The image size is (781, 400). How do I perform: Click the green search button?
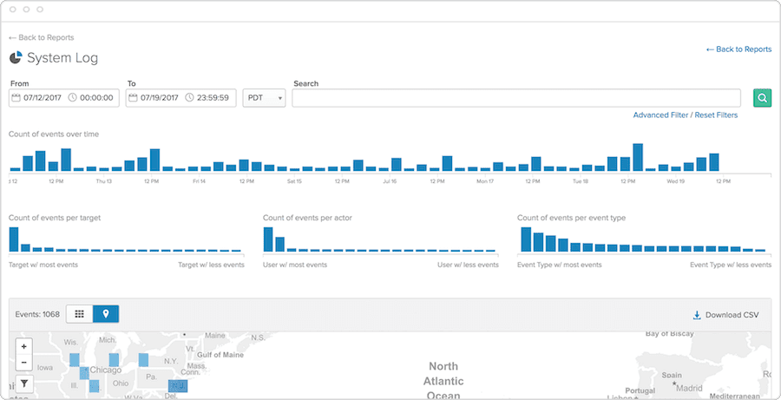762,98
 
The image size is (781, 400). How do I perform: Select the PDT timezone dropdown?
264,98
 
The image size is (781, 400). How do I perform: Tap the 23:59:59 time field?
213,98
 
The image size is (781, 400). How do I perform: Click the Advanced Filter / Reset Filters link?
685,115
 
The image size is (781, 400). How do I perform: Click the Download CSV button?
725,314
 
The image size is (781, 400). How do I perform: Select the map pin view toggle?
106,314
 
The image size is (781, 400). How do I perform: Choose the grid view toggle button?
80,314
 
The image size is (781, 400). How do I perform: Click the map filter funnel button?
24,383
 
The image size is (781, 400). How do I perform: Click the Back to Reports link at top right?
738,49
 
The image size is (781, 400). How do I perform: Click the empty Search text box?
515,98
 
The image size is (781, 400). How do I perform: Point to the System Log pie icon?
16,58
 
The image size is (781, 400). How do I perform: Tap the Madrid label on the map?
688,388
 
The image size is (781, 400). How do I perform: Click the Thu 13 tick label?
104,181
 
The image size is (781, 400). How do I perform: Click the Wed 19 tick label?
677,181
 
